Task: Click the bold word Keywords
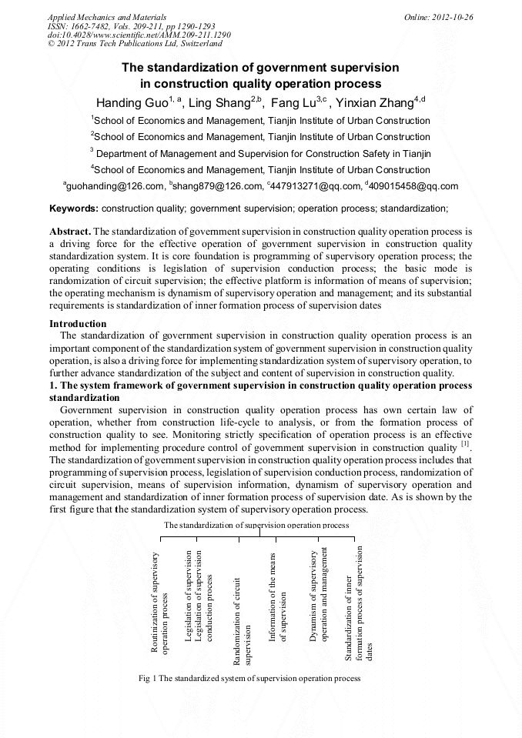(73, 208)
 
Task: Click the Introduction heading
(78, 324)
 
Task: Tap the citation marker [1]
(465, 445)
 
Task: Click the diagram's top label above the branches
(256, 525)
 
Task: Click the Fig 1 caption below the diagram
(249, 678)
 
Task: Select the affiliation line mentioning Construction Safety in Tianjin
(260, 153)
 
